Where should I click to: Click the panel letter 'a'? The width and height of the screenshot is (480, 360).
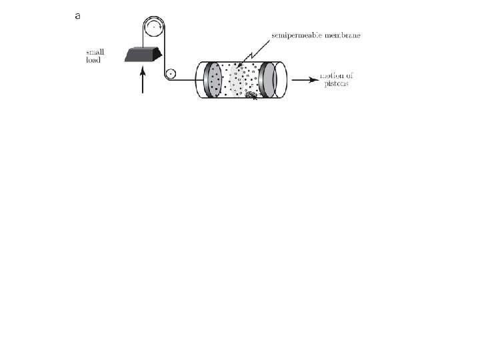[78, 17]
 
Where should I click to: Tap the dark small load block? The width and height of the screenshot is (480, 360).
[143, 55]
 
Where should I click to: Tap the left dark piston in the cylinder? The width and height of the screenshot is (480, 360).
[213, 80]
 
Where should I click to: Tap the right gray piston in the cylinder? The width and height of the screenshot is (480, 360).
[267, 80]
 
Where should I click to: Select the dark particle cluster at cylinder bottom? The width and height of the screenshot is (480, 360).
[251, 95]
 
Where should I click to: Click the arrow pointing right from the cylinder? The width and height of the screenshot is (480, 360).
[304, 80]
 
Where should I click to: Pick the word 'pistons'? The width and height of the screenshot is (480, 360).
[334, 84]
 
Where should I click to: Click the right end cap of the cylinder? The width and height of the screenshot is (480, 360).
[283, 80]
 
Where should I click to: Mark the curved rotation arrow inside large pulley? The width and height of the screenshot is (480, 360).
[155, 25]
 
